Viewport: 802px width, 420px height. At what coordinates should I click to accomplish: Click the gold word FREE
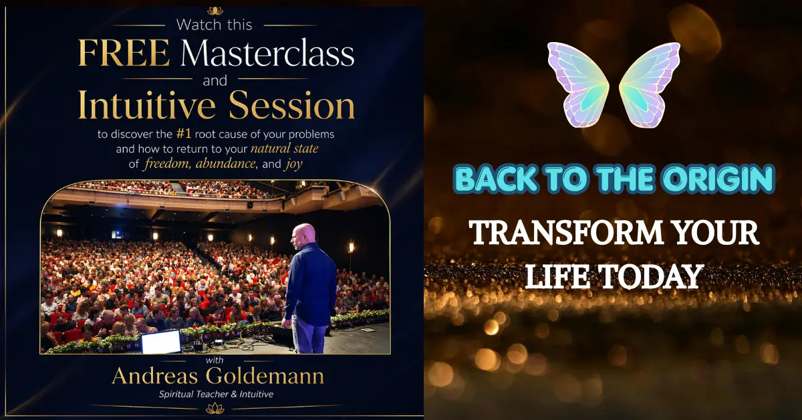point(124,53)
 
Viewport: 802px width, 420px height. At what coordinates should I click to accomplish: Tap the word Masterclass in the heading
point(267,53)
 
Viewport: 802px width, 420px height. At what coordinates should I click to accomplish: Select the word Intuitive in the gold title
point(147,106)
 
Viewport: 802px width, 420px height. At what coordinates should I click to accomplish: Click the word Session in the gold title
point(292,106)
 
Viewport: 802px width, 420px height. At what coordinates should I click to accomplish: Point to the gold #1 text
point(184,134)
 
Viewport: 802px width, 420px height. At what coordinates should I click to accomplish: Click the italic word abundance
point(226,164)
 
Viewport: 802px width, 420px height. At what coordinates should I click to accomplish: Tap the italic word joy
point(294,165)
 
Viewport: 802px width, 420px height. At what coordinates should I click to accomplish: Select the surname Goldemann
point(265,377)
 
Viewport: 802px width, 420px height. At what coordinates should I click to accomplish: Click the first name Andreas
point(154,377)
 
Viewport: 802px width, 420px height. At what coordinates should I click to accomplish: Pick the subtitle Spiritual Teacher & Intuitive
point(216,394)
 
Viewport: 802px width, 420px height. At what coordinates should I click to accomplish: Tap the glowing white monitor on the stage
point(161,342)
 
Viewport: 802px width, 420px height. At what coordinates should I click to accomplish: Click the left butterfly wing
point(578,84)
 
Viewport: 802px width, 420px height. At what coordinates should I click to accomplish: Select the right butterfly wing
point(650,84)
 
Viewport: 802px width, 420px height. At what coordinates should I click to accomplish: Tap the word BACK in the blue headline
point(497,178)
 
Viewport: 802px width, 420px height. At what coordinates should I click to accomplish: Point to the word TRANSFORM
point(565,233)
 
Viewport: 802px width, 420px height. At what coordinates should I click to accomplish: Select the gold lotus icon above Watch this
point(215,11)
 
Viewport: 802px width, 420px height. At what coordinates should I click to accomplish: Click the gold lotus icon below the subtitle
point(215,408)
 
